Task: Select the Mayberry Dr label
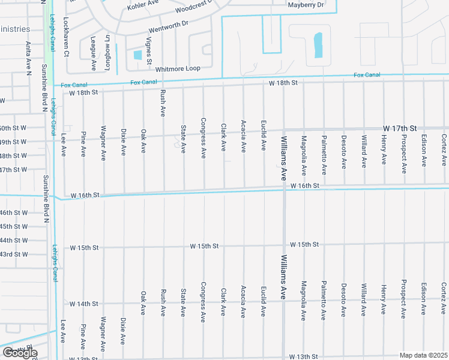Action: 306,5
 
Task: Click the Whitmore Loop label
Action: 176,68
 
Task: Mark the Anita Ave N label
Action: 28,58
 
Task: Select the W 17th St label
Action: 400,129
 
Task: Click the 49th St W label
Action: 13,142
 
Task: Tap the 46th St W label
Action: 13,213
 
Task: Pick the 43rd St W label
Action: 13,254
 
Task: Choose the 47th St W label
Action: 13,170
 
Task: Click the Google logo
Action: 20,353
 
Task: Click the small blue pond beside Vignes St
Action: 137,55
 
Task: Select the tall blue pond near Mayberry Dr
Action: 318,46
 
